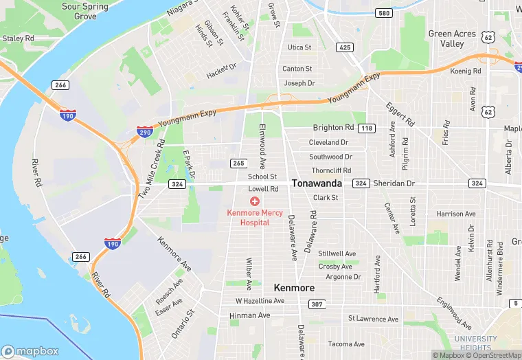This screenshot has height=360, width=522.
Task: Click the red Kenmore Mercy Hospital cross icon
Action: click(x=255, y=201)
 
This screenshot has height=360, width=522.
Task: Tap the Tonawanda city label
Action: click(x=317, y=183)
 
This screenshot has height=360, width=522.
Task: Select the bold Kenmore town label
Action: click(x=294, y=287)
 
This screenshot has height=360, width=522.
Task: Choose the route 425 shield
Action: click(x=344, y=47)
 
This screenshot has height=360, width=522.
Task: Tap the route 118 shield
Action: click(x=367, y=128)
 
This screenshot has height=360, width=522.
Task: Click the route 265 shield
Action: click(x=238, y=163)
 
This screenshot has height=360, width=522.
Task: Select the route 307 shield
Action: click(x=316, y=304)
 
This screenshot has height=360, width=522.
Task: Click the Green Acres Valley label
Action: click(x=451, y=38)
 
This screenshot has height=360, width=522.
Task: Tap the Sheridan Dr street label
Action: click(x=394, y=183)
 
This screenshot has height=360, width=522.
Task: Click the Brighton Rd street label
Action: click(x=333, y=128)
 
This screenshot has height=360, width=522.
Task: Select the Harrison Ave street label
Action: click(x=455, y=214)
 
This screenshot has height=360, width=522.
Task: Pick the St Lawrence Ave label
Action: click(x=373, y=319)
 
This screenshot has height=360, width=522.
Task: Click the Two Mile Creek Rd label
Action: click(x=151, y=169)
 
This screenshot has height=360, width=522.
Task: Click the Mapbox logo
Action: click(x=30, y=350)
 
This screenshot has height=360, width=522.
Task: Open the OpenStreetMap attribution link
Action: click(x=492, y=355)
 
